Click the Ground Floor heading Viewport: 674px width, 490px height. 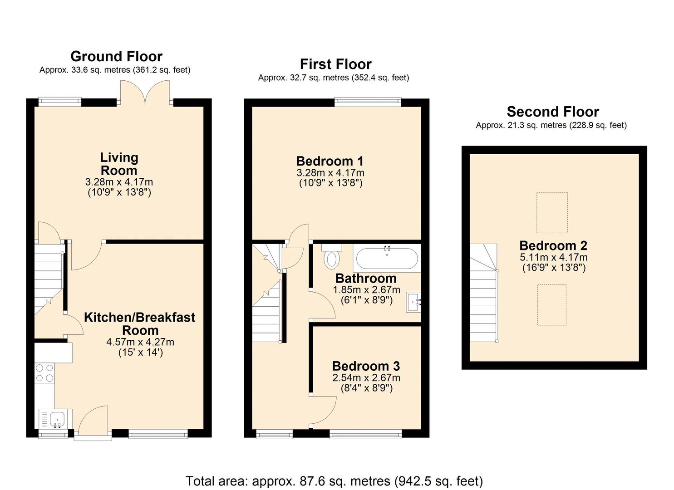[117, 57]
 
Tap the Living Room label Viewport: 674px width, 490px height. [119, 164]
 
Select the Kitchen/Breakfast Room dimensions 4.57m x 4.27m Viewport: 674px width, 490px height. [140, 342]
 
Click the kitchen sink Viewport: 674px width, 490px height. [56, 419]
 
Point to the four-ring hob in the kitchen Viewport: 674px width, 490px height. [44, 373]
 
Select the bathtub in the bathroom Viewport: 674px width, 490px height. [387, 259]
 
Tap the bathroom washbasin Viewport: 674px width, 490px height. [413, 302]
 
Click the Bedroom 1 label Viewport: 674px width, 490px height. [330, 161]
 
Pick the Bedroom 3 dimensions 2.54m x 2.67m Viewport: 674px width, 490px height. [366, 378]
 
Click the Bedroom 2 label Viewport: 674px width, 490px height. [553, 246]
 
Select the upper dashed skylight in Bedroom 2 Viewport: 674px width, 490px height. [552, 213]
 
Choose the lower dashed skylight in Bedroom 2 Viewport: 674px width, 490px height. [552, 305]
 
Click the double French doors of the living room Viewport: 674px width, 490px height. [145, 93]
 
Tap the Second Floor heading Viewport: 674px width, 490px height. [553, 112]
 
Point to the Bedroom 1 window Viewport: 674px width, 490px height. [368, 102]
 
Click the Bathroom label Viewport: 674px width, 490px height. [366, 279]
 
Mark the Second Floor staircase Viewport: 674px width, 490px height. [483, 293]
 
